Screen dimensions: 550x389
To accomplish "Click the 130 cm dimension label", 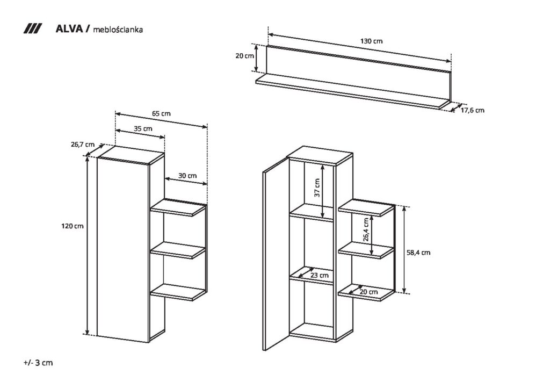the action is click(x=371, y=41).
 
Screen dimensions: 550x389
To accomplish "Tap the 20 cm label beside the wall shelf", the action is click(x=244, y=56).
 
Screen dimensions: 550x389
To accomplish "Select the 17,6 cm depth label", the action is click(x=472, y=110).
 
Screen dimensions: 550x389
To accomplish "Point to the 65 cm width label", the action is click(x=161, y=113).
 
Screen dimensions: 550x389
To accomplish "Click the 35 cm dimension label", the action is click(x=143, y=128).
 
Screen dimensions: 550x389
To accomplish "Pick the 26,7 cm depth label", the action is click(x=83, y=144).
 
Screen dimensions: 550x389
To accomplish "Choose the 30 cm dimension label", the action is click(x=187, y=175).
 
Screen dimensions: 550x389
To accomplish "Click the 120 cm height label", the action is click(x=73, y=226).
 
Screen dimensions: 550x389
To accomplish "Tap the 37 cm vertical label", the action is click(x=317, y=188).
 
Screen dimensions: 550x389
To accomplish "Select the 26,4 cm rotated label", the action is click(x=366, y=230).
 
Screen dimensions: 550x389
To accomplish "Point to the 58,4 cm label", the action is click(x=418, y=252).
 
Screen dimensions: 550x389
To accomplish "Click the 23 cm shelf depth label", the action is click(x=319, y=275).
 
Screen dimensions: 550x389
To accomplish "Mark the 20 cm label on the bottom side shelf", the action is click(x=368, y=292).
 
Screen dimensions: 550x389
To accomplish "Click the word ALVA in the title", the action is click(x=69, y=29).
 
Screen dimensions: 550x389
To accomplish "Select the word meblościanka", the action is click(x=118, y=30).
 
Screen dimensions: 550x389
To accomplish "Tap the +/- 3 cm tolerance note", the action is click(x=38, y=363).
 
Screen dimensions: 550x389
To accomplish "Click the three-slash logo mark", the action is click(x=33, y=29).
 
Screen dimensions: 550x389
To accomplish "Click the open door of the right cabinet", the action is click(x=276, y=254).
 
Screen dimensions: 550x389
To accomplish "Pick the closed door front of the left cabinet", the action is click(x=123, y=250).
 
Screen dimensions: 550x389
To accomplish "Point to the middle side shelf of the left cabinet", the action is click(x=178, y=250).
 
